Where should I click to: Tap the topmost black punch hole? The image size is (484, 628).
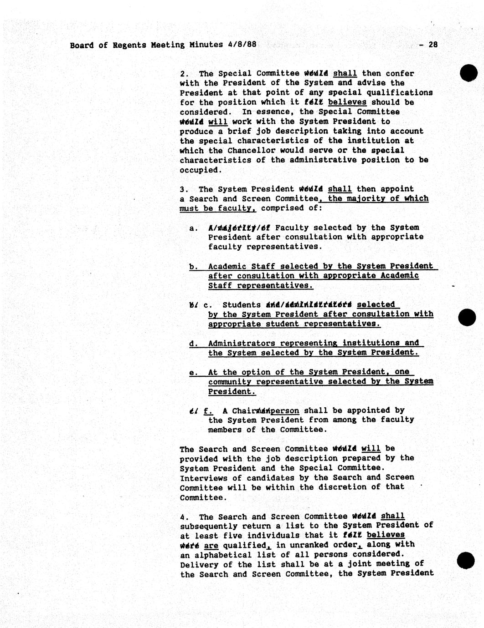468,73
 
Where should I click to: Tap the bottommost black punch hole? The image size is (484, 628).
465,560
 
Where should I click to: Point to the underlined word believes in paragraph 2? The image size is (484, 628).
347,102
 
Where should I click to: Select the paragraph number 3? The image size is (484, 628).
184,189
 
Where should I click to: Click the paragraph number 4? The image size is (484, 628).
184,517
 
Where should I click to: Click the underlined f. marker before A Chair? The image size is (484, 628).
208,410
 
